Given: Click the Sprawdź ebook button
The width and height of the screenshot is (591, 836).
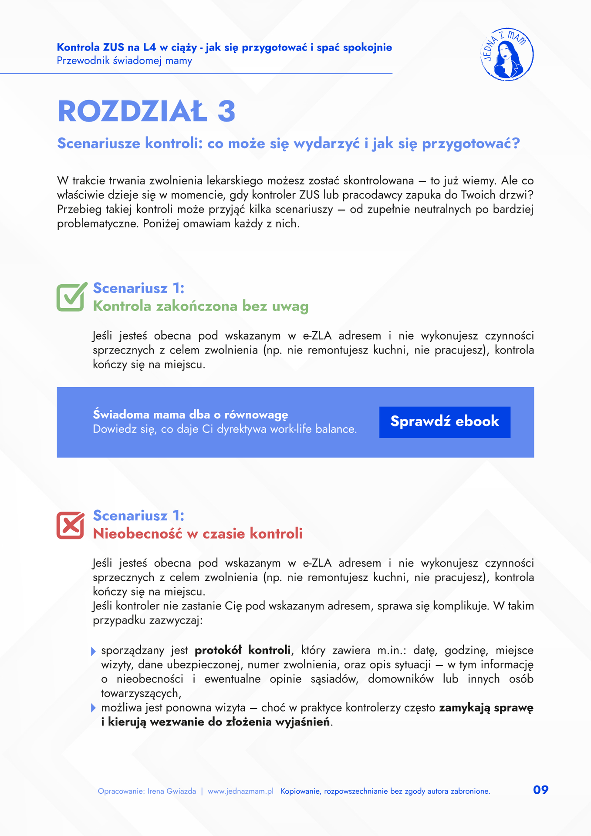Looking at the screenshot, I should click(x=445, y=422).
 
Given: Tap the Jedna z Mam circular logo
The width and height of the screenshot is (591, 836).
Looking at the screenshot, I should click(x=507, y=55).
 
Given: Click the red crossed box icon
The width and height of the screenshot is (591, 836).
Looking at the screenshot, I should click(x=71, y=525).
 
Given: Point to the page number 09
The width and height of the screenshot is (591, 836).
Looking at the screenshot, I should click(x=540, y=790).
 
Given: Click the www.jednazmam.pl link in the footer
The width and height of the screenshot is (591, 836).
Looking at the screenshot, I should click(x=240, y=791).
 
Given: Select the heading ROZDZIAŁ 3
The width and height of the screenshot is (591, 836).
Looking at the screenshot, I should click(x=147, y=111).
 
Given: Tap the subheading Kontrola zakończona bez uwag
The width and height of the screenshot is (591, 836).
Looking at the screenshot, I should click(x=201, y=306).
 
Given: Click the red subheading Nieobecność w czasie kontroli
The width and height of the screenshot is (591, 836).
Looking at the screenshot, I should click(x=198, y=533).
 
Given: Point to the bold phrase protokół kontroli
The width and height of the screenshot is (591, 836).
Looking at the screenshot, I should click(x=243, y=651).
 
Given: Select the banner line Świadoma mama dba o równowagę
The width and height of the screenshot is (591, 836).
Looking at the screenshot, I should click(x=191, y=415).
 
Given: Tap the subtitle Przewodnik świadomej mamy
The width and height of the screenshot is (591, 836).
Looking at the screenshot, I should click(x=125, y=61).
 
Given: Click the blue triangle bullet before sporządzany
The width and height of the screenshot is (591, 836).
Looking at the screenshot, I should click(x=93, y=651).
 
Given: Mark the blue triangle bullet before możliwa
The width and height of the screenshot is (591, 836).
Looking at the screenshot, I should click(x=93, y=708).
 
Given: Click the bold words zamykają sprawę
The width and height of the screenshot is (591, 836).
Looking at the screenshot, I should click(x=486, y=708).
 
